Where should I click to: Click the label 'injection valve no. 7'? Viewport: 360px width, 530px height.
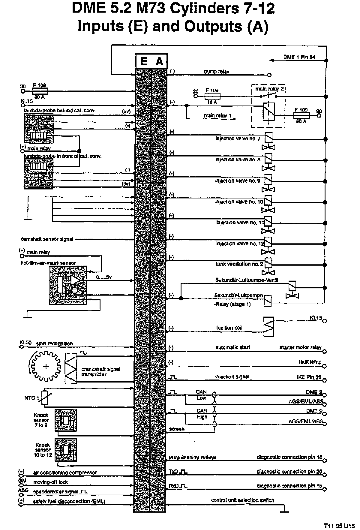coord(238,139)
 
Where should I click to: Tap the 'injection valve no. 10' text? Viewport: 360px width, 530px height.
coord(239,202)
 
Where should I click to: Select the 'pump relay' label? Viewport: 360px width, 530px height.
coord(216,72)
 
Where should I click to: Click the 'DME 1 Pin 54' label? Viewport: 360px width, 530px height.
coord(299,57)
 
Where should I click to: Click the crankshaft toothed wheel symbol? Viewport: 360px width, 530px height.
coord(46,366)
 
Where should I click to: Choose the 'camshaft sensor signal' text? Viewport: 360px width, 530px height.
coord(47,239)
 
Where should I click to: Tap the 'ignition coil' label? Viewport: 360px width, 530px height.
coord(229,328)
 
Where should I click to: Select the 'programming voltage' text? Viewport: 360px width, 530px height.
coord(192,457)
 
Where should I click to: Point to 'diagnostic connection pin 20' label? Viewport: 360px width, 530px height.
coord(289,472)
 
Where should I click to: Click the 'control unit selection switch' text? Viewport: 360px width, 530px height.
coord(242,500)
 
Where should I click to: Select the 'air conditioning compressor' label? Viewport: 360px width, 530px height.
coord(65,473)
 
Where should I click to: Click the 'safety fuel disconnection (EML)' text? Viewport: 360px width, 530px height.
coord(69,501)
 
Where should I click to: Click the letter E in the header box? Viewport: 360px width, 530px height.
coord(144,61)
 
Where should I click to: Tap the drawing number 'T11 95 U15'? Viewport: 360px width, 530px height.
coord(339,526)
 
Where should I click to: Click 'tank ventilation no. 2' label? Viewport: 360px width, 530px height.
coord(239,264)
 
